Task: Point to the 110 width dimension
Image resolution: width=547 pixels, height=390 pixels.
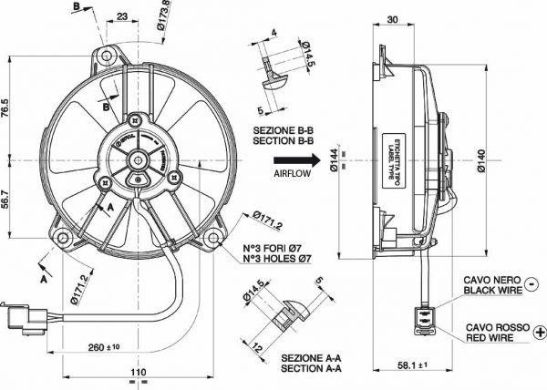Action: tap(138, 374)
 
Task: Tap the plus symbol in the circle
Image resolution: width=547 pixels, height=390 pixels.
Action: tap(532, 329)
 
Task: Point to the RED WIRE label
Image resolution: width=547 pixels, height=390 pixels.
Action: tap(492, 337)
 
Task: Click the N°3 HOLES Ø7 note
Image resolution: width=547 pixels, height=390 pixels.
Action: tap(278, 260)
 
